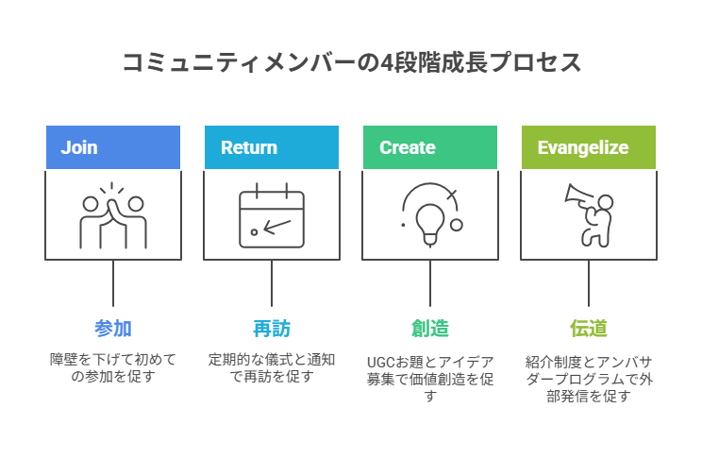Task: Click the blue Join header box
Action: pos(113,147)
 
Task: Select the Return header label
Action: pos(249,147)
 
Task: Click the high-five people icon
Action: pos(113,215)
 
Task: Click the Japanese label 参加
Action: pos(113,329)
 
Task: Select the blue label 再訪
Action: pos(272,329)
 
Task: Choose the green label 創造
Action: pos(430,329)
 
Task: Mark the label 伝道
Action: pos(589,329)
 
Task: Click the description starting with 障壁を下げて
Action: pos(113,367)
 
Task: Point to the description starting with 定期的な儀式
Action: pos(272,367)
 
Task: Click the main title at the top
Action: pos(351,63)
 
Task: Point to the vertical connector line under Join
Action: pos(113,283)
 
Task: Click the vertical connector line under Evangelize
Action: pos(589,283)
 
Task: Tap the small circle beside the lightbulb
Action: pos(457,225)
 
